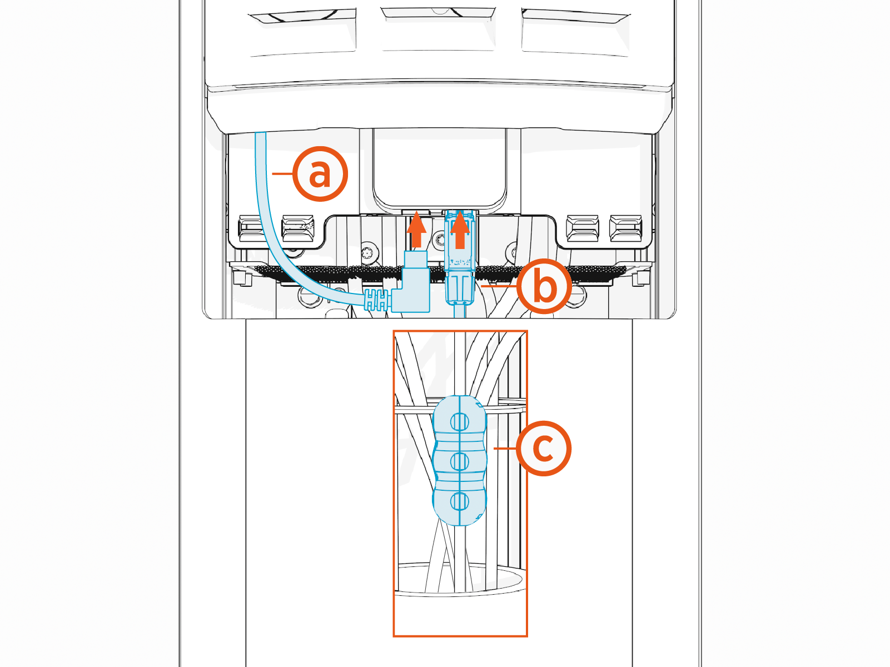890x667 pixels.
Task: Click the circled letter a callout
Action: click(x=320, y=174)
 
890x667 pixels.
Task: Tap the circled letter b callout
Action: click(x=544, y=286)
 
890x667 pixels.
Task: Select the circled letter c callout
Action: click(x=543, y=448)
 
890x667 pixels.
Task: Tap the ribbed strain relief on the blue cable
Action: click(x=376, y=301)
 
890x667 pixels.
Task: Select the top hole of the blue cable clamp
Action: click(x=459, y=422)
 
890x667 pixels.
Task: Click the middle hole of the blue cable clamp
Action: click(x=459, y=461)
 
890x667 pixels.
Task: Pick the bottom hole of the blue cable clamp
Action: click(x=459, y=501)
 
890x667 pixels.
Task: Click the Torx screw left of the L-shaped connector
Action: click(x=368, y=253)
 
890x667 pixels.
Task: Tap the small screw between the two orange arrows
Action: click(x=439, y=240)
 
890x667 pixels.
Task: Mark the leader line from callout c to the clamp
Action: click(x=505, y=448)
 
